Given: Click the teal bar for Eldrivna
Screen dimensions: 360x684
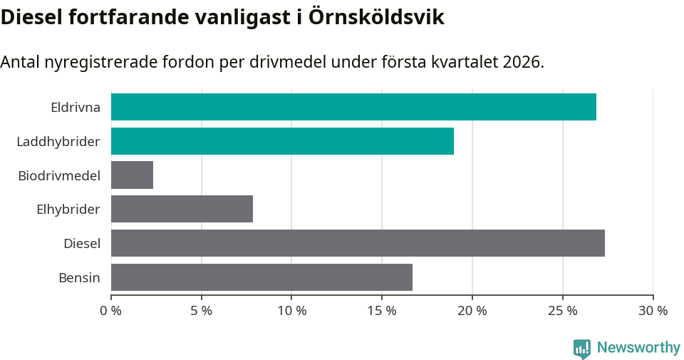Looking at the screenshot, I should tap(353, 107).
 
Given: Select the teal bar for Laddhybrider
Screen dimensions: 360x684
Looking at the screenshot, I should tap(282, 141).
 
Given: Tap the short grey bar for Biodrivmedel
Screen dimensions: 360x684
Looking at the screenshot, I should tap(132, 175).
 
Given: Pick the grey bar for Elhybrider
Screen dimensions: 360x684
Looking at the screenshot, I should tap(182, 210).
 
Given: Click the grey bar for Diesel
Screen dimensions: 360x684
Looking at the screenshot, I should tap(358, 243).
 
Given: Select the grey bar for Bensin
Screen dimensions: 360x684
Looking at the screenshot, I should tap(261, 277).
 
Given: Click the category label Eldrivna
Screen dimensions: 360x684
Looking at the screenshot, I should tap(75, 108).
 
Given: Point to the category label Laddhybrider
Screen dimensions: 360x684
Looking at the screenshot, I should tap(58, 142).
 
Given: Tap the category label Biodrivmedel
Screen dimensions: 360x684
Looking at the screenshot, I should tap(59, 175).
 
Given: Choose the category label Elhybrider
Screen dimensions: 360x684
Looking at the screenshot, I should tap(68, 210).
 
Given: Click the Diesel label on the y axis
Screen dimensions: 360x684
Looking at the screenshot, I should tap(81, 244).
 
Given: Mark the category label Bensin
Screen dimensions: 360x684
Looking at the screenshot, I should tap(79, 277).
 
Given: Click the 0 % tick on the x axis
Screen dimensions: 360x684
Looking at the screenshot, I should tap(111, 311).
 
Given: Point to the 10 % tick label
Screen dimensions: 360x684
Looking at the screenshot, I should tap(291, 311).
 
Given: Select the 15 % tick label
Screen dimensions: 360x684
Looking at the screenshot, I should tap(382, 311).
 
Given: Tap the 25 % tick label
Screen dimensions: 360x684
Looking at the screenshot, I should tap(563, 311).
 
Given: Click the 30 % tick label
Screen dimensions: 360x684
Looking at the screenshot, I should tap(653, 311).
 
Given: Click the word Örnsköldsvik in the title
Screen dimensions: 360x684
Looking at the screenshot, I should tap(377, 18).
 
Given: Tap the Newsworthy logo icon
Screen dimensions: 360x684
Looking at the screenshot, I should tap(581, 349).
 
